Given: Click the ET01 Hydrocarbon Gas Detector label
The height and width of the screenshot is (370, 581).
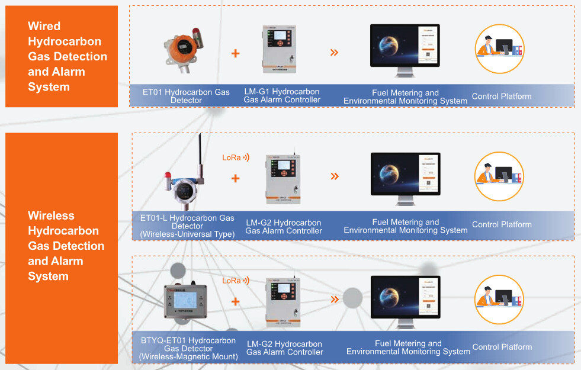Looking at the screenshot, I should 186,96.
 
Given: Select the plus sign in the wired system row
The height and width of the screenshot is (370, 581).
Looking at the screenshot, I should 235,53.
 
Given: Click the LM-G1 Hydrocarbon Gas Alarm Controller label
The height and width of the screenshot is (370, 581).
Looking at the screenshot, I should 282,96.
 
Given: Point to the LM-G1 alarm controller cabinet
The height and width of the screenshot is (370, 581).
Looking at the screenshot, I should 279,49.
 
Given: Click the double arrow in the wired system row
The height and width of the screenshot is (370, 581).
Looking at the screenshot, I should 334,53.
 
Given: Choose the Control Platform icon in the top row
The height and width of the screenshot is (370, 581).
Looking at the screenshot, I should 500,49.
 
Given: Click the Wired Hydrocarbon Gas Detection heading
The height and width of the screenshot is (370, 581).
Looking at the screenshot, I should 68,56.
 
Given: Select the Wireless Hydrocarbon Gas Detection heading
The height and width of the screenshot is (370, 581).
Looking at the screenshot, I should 66,246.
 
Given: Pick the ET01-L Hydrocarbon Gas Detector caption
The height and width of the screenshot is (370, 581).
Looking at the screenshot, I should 187,226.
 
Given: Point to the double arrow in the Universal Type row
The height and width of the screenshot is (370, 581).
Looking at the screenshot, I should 335,176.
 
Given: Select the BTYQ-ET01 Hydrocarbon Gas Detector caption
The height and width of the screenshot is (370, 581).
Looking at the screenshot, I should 188,349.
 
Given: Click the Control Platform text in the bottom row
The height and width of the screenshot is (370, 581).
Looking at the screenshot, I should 502,347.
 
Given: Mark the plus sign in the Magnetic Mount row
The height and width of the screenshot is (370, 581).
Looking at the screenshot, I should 235,301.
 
